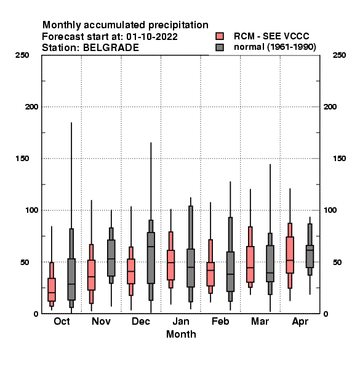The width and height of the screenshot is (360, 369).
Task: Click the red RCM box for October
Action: point(52,290)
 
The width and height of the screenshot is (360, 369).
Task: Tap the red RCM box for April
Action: point(290,255)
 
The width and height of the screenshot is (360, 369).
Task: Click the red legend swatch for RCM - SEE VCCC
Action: point(220,36)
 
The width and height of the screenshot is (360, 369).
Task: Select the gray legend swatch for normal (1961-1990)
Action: point(220,47)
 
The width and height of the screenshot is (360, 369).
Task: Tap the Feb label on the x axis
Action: point(220,322)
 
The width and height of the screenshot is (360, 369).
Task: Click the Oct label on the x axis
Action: point(62,322)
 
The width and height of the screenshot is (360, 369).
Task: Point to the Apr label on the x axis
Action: point(300,322)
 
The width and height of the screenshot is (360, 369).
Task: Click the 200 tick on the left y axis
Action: point(32,107)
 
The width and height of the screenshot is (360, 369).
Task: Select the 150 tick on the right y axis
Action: point(340,159)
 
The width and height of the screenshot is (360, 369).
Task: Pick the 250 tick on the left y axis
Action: point(22,55)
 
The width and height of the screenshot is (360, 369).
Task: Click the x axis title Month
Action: point(181,335)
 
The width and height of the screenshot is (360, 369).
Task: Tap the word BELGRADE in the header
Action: point(111,48)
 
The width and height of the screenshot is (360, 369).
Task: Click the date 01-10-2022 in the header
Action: point(152,37)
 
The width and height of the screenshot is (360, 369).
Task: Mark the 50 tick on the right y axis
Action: point(337,262)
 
